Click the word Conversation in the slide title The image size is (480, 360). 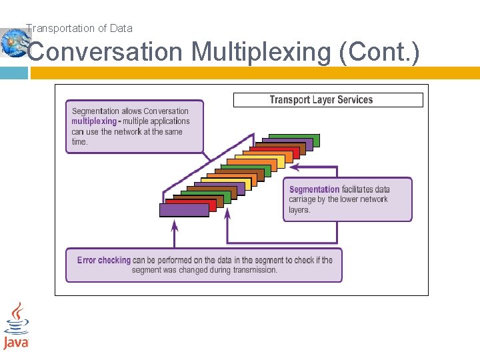click(105, 52)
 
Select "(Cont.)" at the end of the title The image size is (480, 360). click(379, 52)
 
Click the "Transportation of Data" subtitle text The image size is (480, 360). click(79, 28)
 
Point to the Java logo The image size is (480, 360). click(16, 326)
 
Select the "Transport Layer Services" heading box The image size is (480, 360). click(327, 100)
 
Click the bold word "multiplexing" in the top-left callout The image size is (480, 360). click(93, 121)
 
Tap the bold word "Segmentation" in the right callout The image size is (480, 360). click(314, 189)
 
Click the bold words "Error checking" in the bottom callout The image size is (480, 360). click(104, 260)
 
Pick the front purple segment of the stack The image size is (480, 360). click(184, 210)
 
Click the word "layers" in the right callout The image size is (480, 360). click(299, 209)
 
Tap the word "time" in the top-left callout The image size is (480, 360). click(79, 141)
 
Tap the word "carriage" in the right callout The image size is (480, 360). click(303, 199)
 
